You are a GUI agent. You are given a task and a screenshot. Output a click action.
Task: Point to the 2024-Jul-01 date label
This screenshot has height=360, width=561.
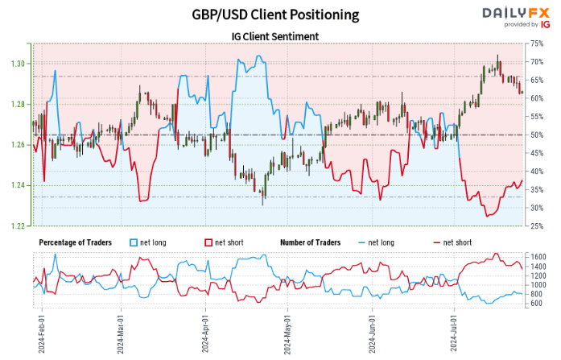pyautogui.click(x=455, y=334)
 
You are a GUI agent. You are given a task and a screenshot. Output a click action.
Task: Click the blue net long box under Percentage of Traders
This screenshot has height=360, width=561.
pyautogui.click(x=134, y=242)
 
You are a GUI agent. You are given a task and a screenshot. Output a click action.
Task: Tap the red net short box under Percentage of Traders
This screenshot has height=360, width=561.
pyautogui.click(x=207, y=242)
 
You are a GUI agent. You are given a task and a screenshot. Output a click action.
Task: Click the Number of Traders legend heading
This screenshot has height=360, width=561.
pyautogui.click(x=310, y=242)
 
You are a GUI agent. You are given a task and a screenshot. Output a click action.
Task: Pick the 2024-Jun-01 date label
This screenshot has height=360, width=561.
pyautogui.click(x=373, y=334)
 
